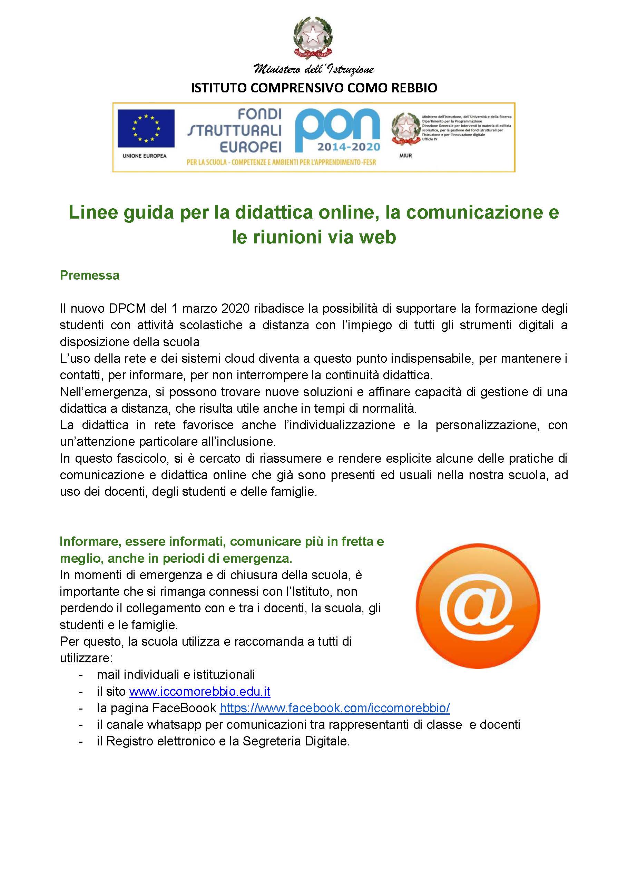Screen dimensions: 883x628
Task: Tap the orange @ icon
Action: pos(478,605)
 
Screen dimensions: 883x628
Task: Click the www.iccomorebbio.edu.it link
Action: pos(199,691)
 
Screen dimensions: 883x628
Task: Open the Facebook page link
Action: pos(334,708)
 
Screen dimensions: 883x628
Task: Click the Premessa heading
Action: pos(90,275)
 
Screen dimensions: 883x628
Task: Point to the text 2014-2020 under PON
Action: pos(349,147)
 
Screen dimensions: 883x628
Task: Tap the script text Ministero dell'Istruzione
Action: pos(313,70)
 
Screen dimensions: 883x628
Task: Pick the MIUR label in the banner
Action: pos(406,155)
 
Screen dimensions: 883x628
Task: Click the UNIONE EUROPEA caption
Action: pos(144,156)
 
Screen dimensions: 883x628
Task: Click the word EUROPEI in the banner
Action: pos(251,147)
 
